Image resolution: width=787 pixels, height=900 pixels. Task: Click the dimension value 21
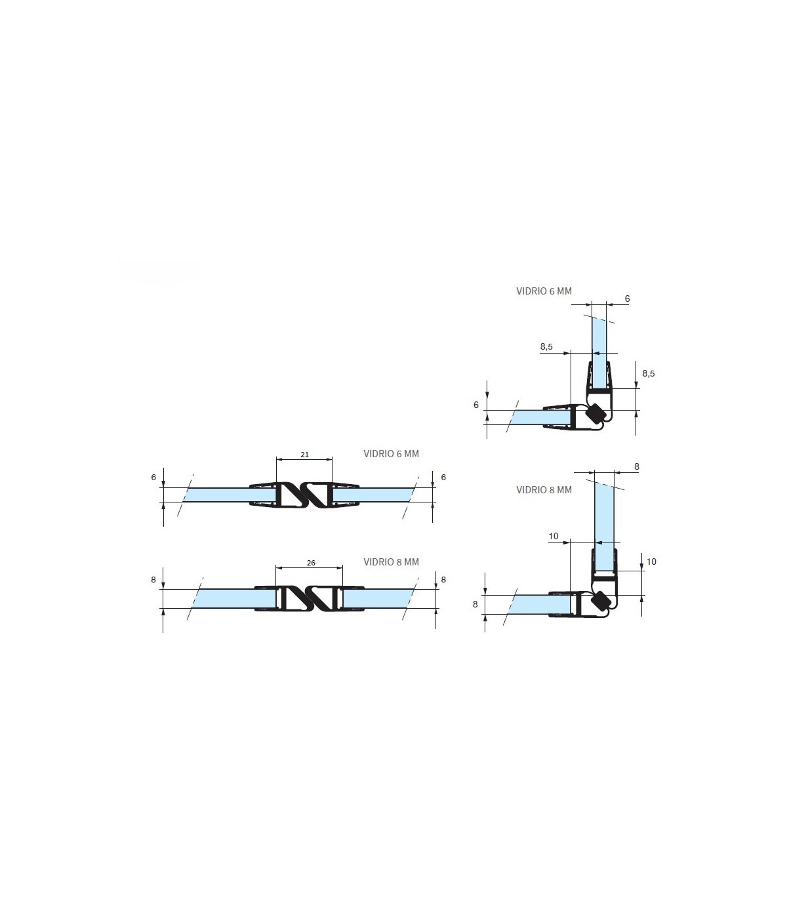(304, 455)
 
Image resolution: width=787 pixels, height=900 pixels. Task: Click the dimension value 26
(311, 563)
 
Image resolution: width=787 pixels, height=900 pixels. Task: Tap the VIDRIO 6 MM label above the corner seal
(544, 291)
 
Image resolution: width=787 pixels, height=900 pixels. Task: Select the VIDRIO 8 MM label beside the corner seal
(544, 489)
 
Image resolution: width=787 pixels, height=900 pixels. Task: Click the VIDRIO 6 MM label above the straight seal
(391, 453)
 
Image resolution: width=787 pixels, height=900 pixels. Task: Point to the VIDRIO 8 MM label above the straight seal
(391, 562)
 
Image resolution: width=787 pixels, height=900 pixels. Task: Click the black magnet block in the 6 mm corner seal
(595, 413)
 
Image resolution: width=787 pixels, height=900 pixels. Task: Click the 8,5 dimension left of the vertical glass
(546, 346)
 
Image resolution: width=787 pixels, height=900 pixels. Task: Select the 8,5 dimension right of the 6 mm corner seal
(648, 373)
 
